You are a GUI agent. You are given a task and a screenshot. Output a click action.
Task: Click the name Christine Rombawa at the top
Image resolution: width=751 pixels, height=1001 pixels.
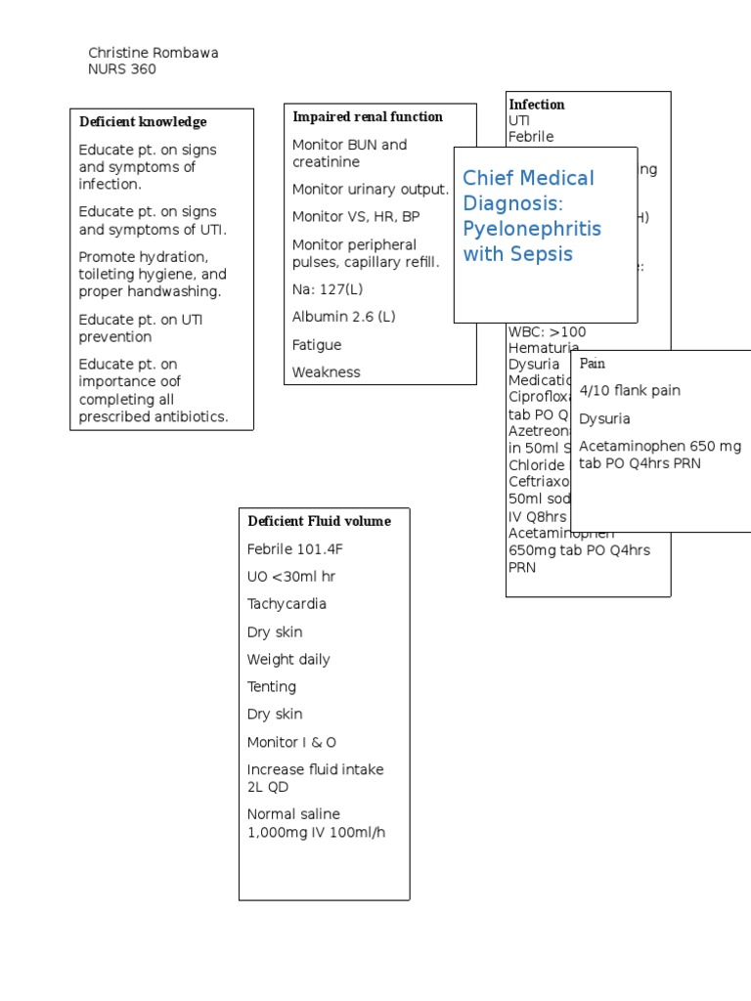click(154, 53)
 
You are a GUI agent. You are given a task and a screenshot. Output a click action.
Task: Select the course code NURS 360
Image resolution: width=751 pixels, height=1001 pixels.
click(122, 69)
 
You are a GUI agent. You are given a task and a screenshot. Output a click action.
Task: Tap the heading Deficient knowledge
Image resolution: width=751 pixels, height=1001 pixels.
click(143, 122)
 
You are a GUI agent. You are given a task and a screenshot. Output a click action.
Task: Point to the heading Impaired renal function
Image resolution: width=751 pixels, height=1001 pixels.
click(368, 117)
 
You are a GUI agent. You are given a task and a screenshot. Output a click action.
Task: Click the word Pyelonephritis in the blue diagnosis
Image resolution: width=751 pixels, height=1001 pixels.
click(532, 229)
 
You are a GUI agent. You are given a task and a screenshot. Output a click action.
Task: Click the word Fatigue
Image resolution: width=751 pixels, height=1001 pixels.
click(317, 345)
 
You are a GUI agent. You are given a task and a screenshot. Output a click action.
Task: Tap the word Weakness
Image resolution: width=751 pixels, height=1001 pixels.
click(326, 372)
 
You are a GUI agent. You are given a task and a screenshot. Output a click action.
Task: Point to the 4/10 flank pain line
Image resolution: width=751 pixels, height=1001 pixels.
click(630, 391)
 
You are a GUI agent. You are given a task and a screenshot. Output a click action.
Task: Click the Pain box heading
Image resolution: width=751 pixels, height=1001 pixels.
click(593, 364)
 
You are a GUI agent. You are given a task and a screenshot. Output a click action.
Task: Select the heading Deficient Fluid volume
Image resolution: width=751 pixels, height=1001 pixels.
click(319, 521)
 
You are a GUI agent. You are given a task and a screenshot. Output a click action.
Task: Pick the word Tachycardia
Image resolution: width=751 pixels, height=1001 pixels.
click(287, 604)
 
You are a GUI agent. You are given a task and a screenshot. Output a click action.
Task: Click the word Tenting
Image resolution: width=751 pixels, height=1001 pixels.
click(272, 687)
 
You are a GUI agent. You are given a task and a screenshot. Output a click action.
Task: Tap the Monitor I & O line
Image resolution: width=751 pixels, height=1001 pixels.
click(291, 743)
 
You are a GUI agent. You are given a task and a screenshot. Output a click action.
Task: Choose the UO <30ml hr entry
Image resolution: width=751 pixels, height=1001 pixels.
click(290, 577)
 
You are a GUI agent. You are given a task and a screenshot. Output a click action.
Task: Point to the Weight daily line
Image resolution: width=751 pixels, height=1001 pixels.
click(288, 660)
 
